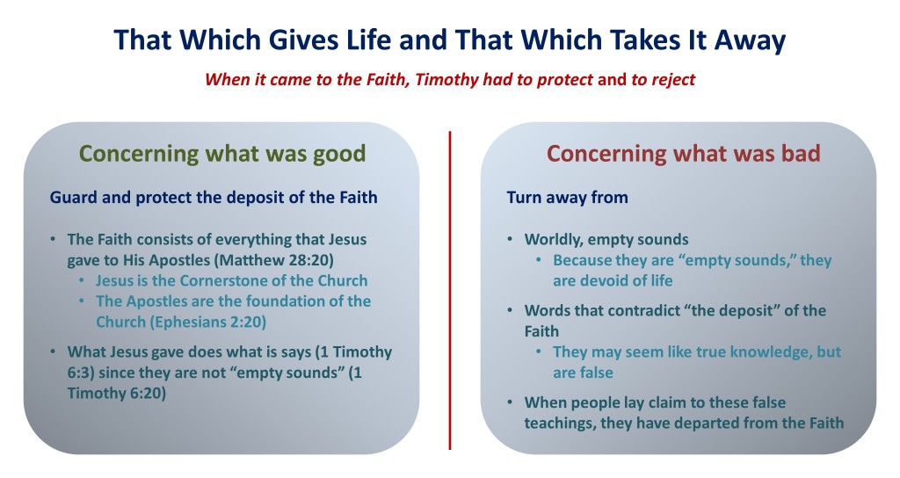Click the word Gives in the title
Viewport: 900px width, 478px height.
pyautogui.click(x=300, y=40)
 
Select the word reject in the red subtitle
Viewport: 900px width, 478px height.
pyautogui.click(x=673, y=80)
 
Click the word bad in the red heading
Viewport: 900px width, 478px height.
pyautogui.click(x=801, y=153)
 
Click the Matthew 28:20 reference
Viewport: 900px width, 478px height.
pyautogui.click(x=274, y=260)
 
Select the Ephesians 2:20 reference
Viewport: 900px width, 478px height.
pyautogui.click(x=207, y=322)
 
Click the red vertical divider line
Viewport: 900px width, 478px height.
pyautogui.click(x=450, y=290)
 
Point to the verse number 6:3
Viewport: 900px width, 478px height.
pyautogui.click(x=80, y=373)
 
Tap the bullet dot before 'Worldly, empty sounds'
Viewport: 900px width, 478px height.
pyautogui.click(x=511, y=239)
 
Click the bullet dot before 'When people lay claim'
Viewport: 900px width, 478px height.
pyautogui.click(x=511, y=402)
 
